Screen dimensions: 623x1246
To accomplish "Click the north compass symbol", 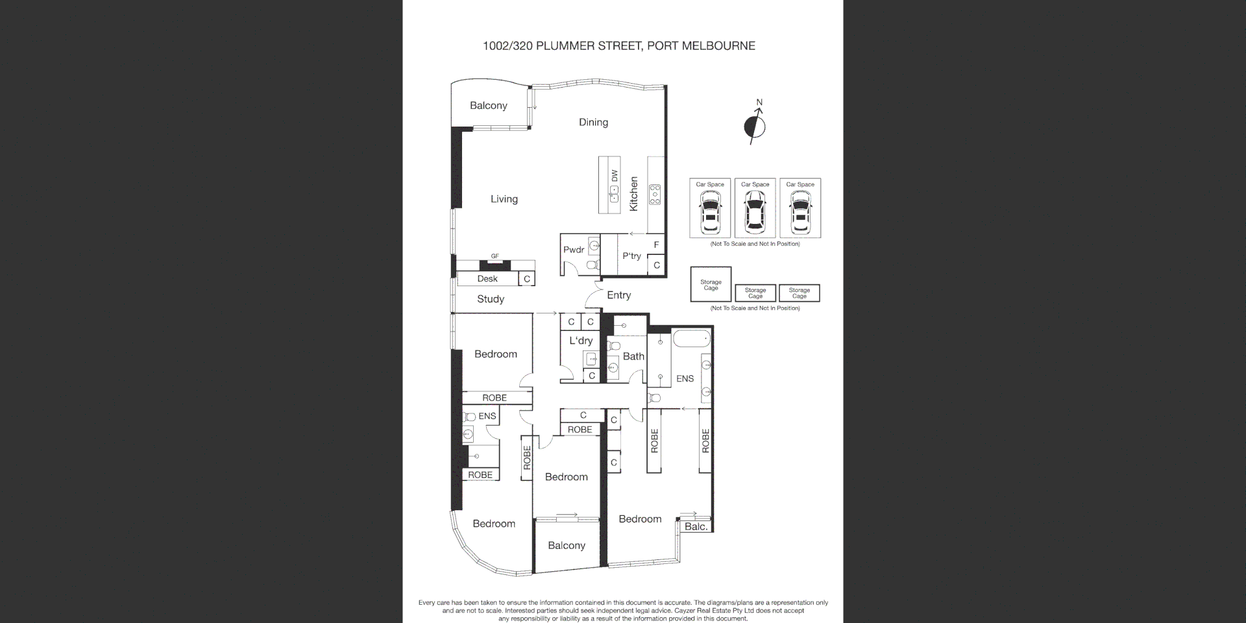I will pyautogui.click(x=755, y=126).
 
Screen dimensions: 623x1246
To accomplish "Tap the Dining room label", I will pyautogui.click(x=593, y=122).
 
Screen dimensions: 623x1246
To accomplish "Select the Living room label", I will pyautogui.click(x=504, y=199).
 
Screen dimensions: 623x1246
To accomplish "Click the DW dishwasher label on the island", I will pyautogui.click(x=614, y=176).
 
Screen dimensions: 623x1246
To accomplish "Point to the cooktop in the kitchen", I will pyautogui.click(x=655, y=195).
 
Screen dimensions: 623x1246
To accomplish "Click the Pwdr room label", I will pyautogui.click(x=574, y=250).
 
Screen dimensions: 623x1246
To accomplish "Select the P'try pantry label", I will pyautogui.click(x=631, y=256).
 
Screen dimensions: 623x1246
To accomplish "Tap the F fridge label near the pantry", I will pyautogui.click(x=656, y=245).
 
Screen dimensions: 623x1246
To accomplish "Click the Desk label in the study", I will pyautogui.click(x=487, y=279).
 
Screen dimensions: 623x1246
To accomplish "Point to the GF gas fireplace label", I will pyautogui.click(x=495, y=256).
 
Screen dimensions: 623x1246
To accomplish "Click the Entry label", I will pyautogui.click(x=618, y=295).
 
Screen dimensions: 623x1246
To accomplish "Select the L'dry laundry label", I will pyautogui.click(x=581, y=341).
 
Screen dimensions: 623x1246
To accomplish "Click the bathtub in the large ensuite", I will pyautogui.click(x=692, y=339).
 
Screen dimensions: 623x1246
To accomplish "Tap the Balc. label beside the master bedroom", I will pyautogui.click(x=696, y=527).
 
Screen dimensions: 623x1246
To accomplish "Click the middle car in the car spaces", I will pyautogui.click(x=755, y=213).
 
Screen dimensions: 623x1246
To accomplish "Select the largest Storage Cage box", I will pyautogui.click(x=711, y=284).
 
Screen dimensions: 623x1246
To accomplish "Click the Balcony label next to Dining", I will pyautogui.click(x=488, y=106).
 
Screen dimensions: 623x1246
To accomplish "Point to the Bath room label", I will pyautogui.click(x=633, y=356).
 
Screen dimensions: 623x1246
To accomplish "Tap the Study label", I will pyautogui.click(x=490, y=299).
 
